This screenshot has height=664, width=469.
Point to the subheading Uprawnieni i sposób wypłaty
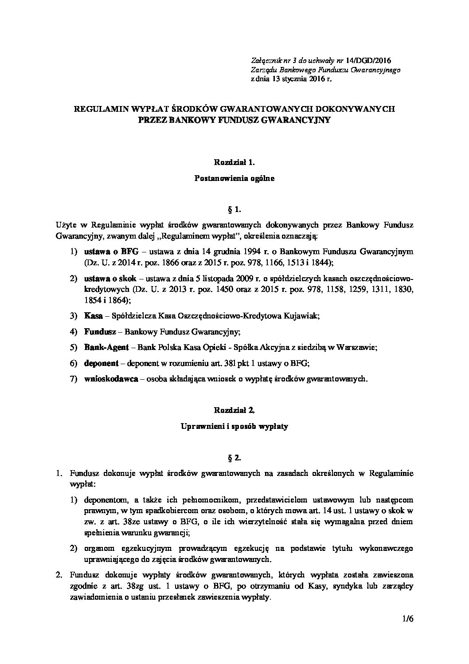(234, 427)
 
